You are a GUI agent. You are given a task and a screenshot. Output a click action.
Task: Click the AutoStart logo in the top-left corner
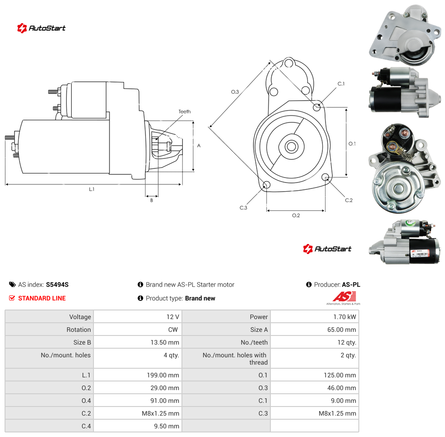tap(41, 28)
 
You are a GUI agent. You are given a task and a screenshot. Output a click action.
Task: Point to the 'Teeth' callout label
tap(185, 112)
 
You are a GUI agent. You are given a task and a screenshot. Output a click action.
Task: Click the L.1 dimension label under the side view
tap(92, 189)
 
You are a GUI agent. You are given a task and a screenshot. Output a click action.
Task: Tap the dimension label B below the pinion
tap(151, 200)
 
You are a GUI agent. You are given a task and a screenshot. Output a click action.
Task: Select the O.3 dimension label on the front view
tap(235, 92)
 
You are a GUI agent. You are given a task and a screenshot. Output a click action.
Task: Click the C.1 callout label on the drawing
tap(341, 84)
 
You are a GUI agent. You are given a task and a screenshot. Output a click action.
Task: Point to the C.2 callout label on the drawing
tap(349, 200)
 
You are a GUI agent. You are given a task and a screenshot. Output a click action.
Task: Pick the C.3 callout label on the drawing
tap(243, 208)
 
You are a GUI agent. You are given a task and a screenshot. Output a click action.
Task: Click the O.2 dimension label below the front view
tap(296, 215)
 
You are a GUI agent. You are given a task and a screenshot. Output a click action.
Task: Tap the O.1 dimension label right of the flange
tap(352, 144)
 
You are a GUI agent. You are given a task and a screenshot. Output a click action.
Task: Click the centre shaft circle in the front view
tap(291, 147)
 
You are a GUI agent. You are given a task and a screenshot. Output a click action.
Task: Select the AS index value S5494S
tap(57, 285)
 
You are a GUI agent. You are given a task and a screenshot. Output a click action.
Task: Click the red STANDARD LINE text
tap(42, 298)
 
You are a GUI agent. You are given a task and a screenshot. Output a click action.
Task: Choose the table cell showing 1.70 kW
tap(315, 317)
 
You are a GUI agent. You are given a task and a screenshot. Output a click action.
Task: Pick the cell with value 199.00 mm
tap(138, 375)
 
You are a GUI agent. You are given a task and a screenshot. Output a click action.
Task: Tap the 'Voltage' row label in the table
tap(80, 317)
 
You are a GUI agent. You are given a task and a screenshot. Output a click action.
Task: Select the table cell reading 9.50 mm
tap(138, 426)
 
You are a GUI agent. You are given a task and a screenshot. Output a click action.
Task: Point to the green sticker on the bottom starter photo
tap(410, 224)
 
